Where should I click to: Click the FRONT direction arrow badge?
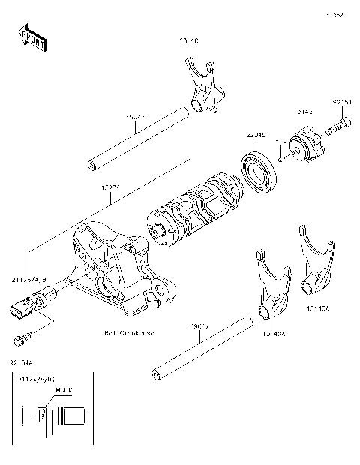[x=31, y=38]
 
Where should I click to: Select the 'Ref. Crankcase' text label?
[x=129, y=333]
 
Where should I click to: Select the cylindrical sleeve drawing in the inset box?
[x=76, y=414]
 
